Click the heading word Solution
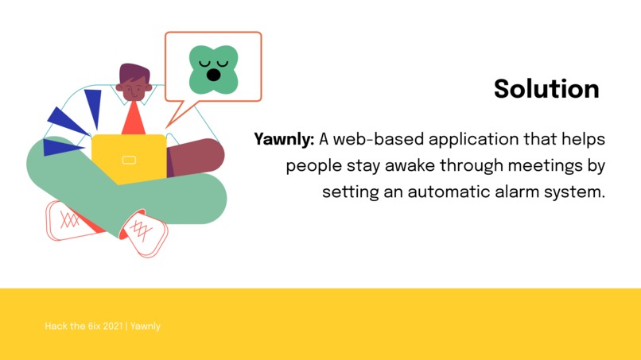546,88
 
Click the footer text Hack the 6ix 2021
84,326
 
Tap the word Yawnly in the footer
146,326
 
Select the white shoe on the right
145,233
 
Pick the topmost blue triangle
94,105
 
